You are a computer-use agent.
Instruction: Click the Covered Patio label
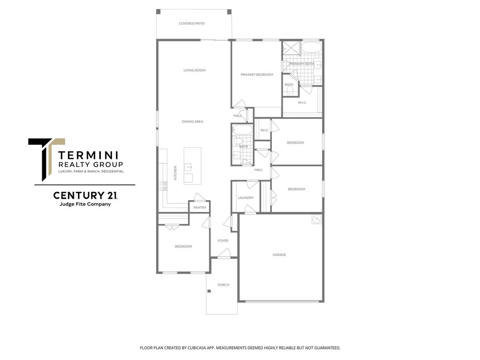click(x=192, y=23)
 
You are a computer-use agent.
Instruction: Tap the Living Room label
click(x=194, y=70)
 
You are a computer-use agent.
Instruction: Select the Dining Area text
click(x=192, y=121)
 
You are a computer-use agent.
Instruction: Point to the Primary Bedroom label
click(x=256, y=75)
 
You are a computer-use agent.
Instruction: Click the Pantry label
click(x=200, y=207)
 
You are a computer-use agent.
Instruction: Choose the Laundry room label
click(x=246, y=198)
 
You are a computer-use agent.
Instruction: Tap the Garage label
click(x=279, y=255)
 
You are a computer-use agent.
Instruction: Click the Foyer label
click(x=223, y=240)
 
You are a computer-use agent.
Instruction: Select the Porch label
click(x=223, y=285)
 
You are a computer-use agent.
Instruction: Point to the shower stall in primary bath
click(x=291, y=49)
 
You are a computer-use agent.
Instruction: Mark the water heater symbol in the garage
click(x=317, y=219)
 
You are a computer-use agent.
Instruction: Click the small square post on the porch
click(x=209, y=292)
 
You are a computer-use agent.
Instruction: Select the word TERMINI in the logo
click(x=89, y=155)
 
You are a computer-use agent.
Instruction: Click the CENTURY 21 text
click(x=85, y=195)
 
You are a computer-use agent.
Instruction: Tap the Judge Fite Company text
click(x=85, y=204)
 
